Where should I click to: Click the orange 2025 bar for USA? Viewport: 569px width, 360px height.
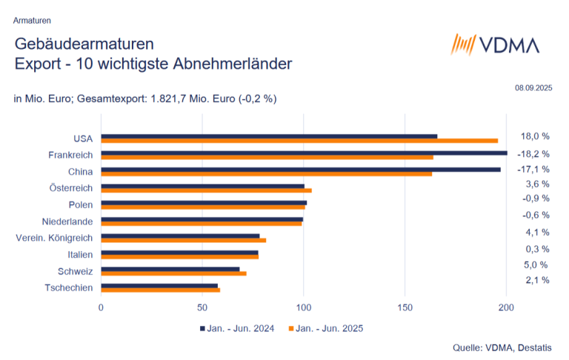tap(299, 141)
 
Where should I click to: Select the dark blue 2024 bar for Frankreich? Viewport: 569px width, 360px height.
tap(304, 153)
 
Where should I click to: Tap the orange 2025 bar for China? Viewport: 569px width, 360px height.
tap(267, 174)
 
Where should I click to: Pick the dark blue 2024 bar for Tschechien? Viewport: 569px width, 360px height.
tap(159, 285)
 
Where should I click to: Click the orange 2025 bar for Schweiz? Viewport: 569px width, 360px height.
tap(173, 273)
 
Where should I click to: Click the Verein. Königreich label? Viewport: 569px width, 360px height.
tap(54, 238)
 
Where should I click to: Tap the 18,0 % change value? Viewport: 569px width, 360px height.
tap(535, 136)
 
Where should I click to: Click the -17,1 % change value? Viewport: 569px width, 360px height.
tap(533, 169)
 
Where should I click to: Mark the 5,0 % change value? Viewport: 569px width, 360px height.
tap(536, 264)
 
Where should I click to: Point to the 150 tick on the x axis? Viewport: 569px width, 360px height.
tap(405, 306)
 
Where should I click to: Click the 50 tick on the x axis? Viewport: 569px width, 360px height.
tap(202, 306)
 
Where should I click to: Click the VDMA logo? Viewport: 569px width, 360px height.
tap(495, 45)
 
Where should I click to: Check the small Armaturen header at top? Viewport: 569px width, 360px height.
tap(33, 20)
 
